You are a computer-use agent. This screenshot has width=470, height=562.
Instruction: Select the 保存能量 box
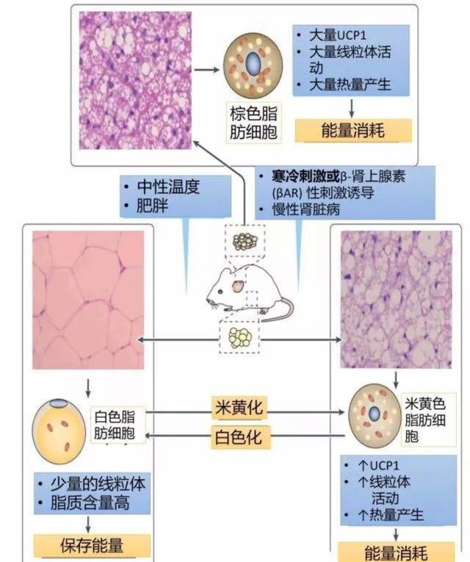click(92, 545)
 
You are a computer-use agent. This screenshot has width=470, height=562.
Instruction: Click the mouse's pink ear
click(236, 285)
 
